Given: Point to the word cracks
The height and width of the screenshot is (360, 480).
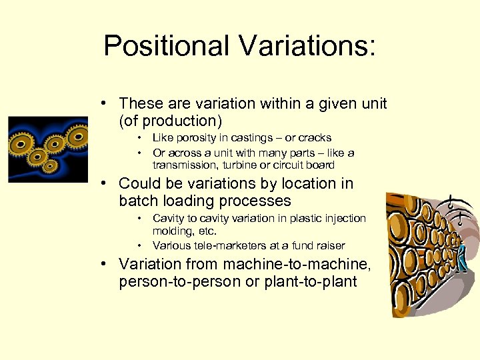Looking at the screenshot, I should (315, 138).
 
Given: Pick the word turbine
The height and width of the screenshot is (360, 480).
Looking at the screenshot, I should (243, 165).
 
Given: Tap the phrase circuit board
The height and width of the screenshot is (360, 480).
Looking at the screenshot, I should (303, 165).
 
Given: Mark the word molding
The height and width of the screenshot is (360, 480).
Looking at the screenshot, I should (173, 231).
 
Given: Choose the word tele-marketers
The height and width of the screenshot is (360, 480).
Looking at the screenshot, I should (222, 245).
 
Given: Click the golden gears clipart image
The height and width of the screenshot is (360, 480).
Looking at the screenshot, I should (47, 149).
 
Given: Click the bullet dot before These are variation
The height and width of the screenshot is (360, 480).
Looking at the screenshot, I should (106, 104).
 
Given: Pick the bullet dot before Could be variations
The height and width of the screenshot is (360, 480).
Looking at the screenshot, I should (106, 183).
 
